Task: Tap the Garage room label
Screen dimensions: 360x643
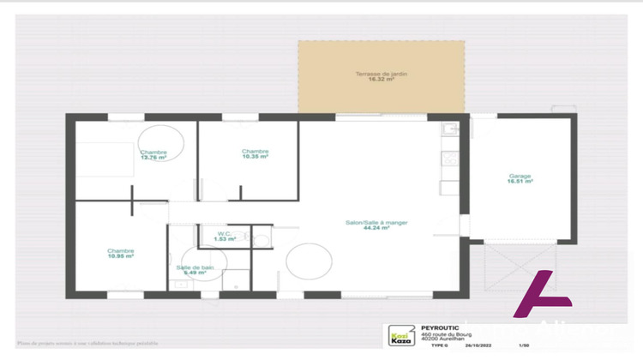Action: pos(520,177)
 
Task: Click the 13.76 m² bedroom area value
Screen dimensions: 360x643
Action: pos(153,158)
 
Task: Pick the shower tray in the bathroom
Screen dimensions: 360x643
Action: pos(236,279)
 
